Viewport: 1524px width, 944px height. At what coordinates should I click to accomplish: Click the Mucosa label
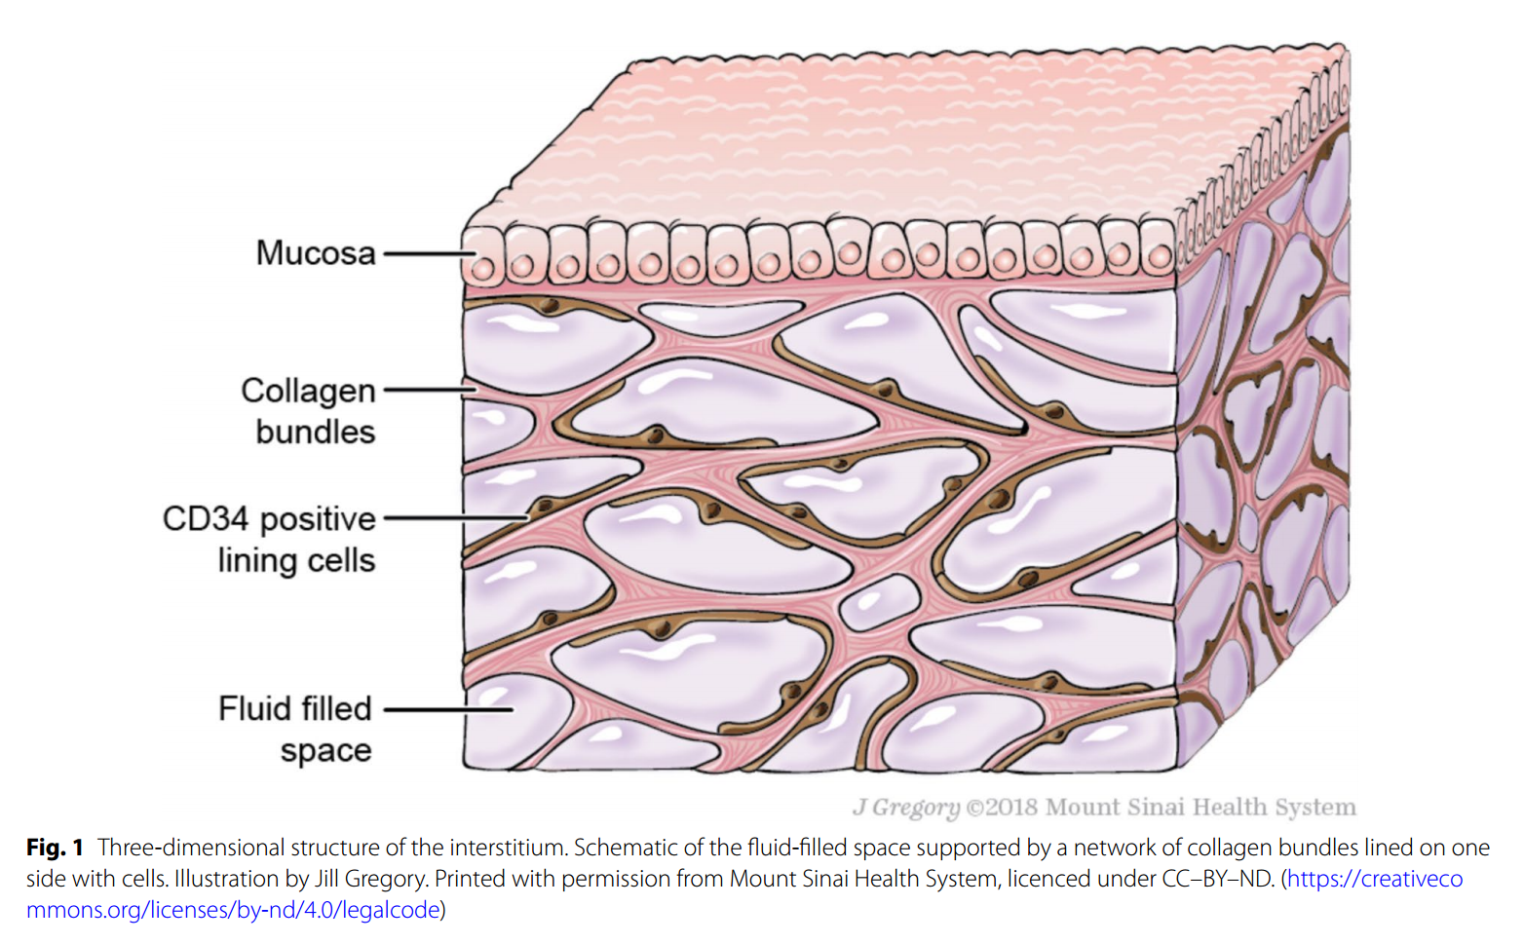click(315, 253)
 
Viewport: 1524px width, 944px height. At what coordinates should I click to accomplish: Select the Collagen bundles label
click(309, 410)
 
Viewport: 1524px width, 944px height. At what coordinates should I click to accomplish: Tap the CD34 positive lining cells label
click(269, 539)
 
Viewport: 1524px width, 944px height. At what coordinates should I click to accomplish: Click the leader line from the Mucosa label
click(427, 254)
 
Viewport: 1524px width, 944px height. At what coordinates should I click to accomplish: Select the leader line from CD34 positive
click(453, 518)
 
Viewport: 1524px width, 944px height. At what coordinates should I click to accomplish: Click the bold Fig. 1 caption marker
click(55, 848)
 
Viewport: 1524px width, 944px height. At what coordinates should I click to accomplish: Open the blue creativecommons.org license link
click(1374, 879)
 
